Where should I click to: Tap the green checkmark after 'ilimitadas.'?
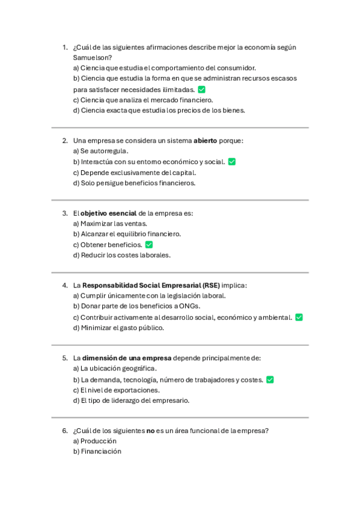click(x=201, y=90)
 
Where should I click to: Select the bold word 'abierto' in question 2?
click(x=205, y=141)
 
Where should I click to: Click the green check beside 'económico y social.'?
click(x=232, y=162)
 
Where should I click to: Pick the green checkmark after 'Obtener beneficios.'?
click(x=149, y=245)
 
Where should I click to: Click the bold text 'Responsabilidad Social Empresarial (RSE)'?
click(x=151, y=285)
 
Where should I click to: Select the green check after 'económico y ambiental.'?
click(x=299, y=317)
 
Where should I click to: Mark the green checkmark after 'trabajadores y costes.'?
click(x=270, y=379)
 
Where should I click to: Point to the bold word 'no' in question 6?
click(x=150, y=431)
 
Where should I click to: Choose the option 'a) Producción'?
click(x=95, y=441)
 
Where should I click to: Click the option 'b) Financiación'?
click(x=97, y=451)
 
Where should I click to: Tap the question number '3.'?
click(x=65, y=213)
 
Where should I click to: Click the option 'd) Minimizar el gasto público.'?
click(x=118, y=328)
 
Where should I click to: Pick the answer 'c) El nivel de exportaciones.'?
click(x=117, y=390)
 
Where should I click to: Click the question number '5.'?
click(x=65, y=358)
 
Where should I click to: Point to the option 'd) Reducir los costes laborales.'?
click(x=122, y=255)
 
